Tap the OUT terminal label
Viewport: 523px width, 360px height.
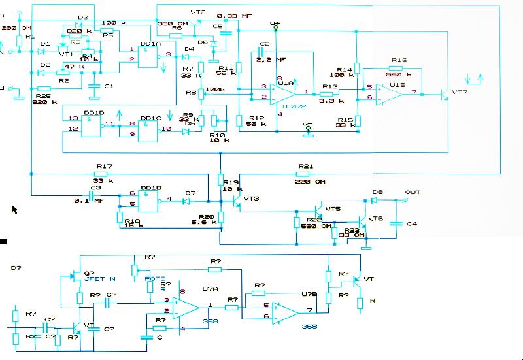point(413,193)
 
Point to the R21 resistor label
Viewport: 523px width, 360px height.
point(306,167)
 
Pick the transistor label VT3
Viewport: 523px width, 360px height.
point(251,198)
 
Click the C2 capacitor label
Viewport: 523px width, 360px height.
point(264,44)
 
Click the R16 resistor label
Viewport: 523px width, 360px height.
point(399,59)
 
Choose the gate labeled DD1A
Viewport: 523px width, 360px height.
point(150,44)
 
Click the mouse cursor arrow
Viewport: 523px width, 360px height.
point(14,209)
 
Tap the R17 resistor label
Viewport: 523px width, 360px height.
point(104,167)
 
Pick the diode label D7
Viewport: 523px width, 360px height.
point(190,193)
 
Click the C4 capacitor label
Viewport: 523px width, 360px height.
point(411,225)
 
